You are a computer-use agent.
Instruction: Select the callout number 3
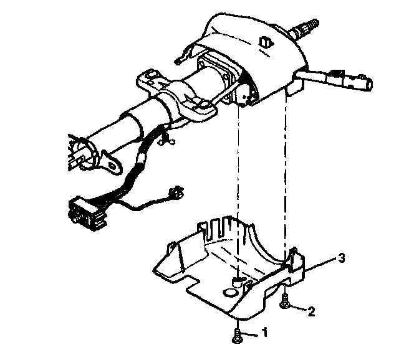click(x=341, y=257)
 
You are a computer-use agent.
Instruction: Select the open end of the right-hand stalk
click(x=367, y=82)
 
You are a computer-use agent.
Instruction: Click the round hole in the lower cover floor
click(x=231, y=290)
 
